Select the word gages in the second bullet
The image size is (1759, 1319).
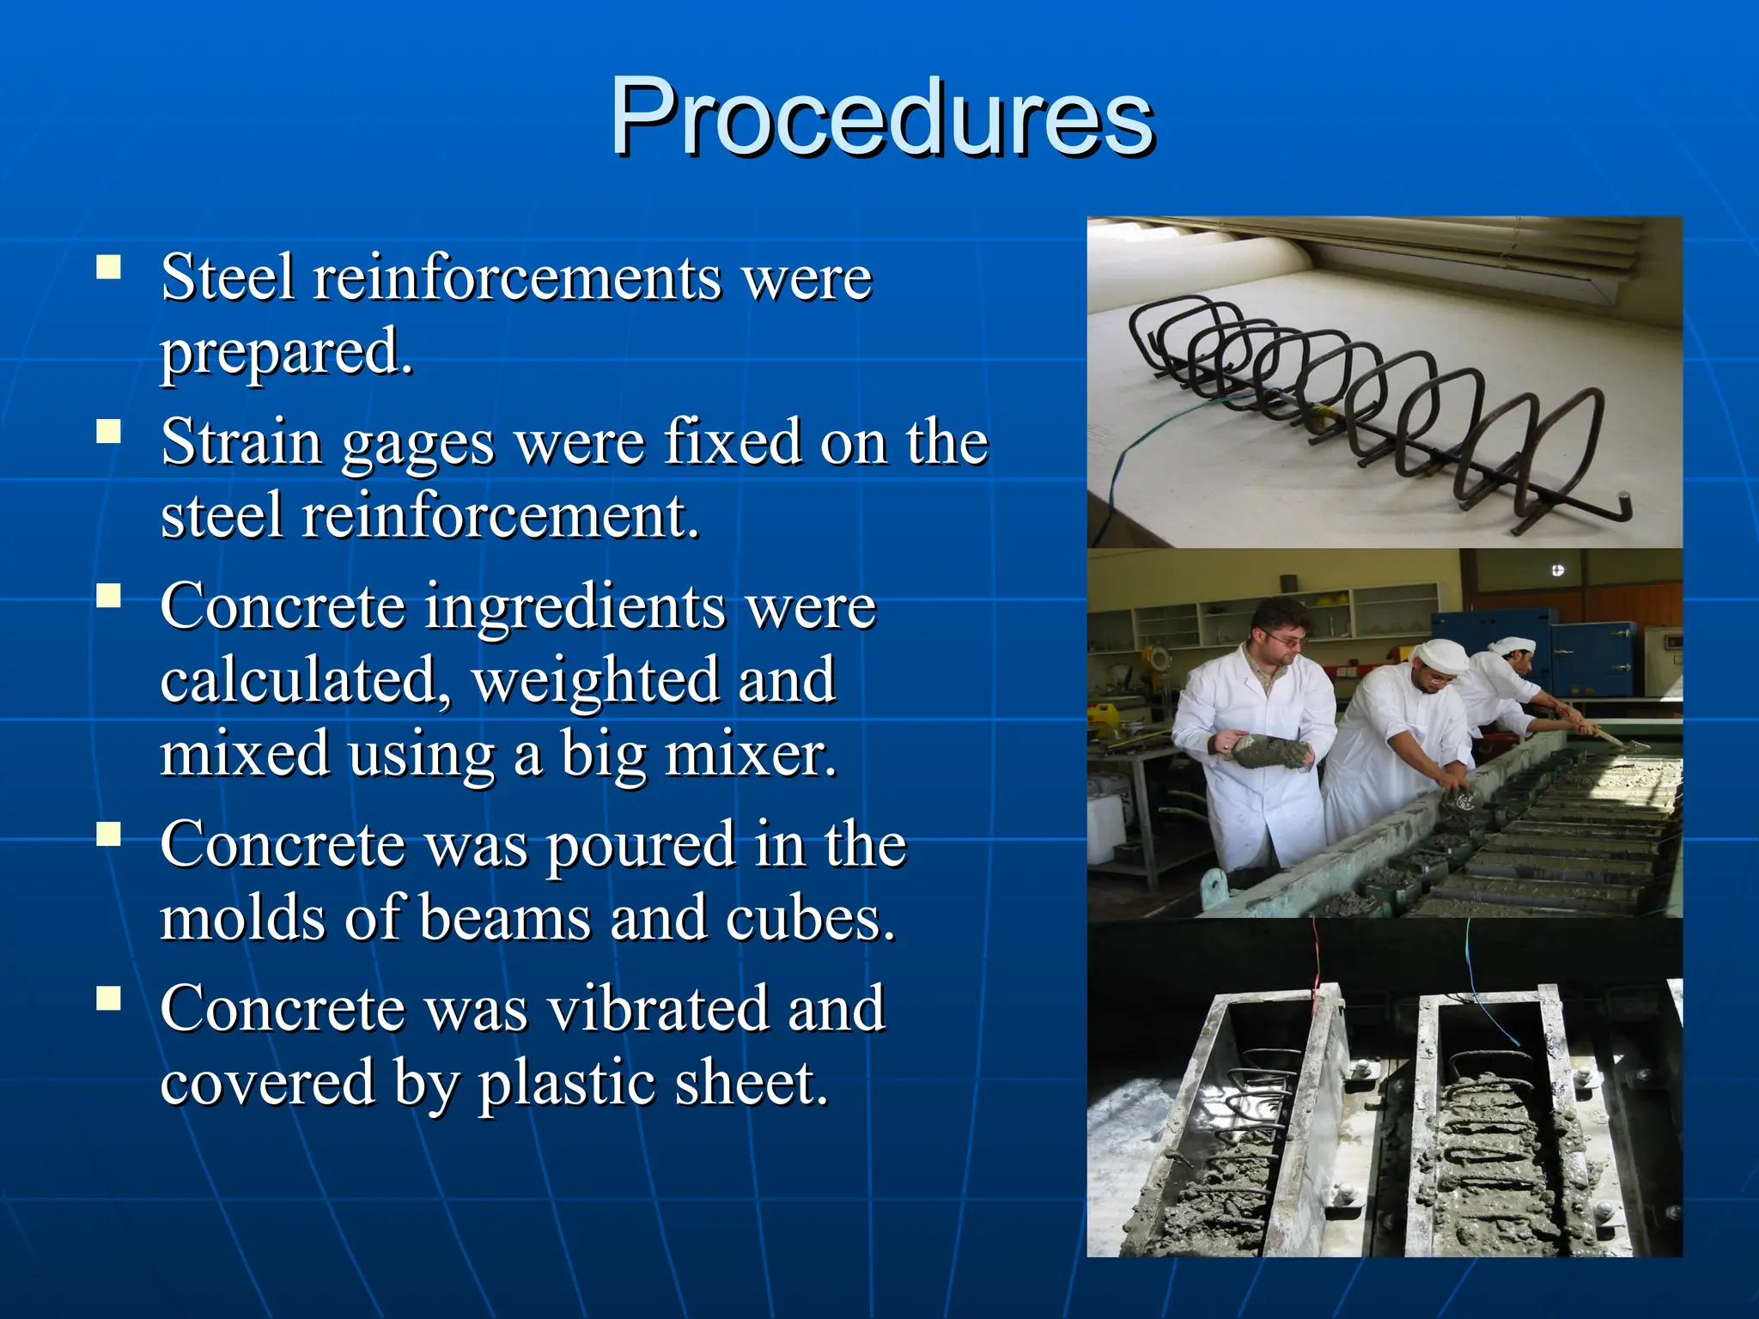418,443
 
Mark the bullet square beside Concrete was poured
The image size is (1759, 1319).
109,833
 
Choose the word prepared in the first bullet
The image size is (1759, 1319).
286,352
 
